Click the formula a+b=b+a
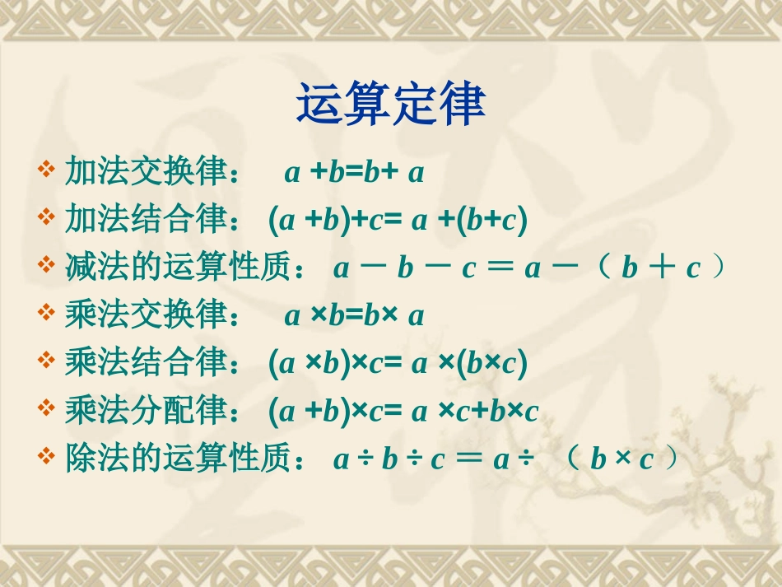[x=354, y=173]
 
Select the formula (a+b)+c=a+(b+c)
[x=398, y=221]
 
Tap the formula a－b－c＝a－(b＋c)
[x=531, y=268]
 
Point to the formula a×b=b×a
[x=354, y=316]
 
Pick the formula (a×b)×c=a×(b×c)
[x=398, y=364]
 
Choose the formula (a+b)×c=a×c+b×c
[x=403, y=412]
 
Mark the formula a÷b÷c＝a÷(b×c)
[x=508, y=459]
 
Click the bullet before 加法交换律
[x=46, y=171]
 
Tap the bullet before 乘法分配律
[x=46, y=410]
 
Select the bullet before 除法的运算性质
[x=46, y=458]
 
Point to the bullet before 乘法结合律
[x=46, y=362]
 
